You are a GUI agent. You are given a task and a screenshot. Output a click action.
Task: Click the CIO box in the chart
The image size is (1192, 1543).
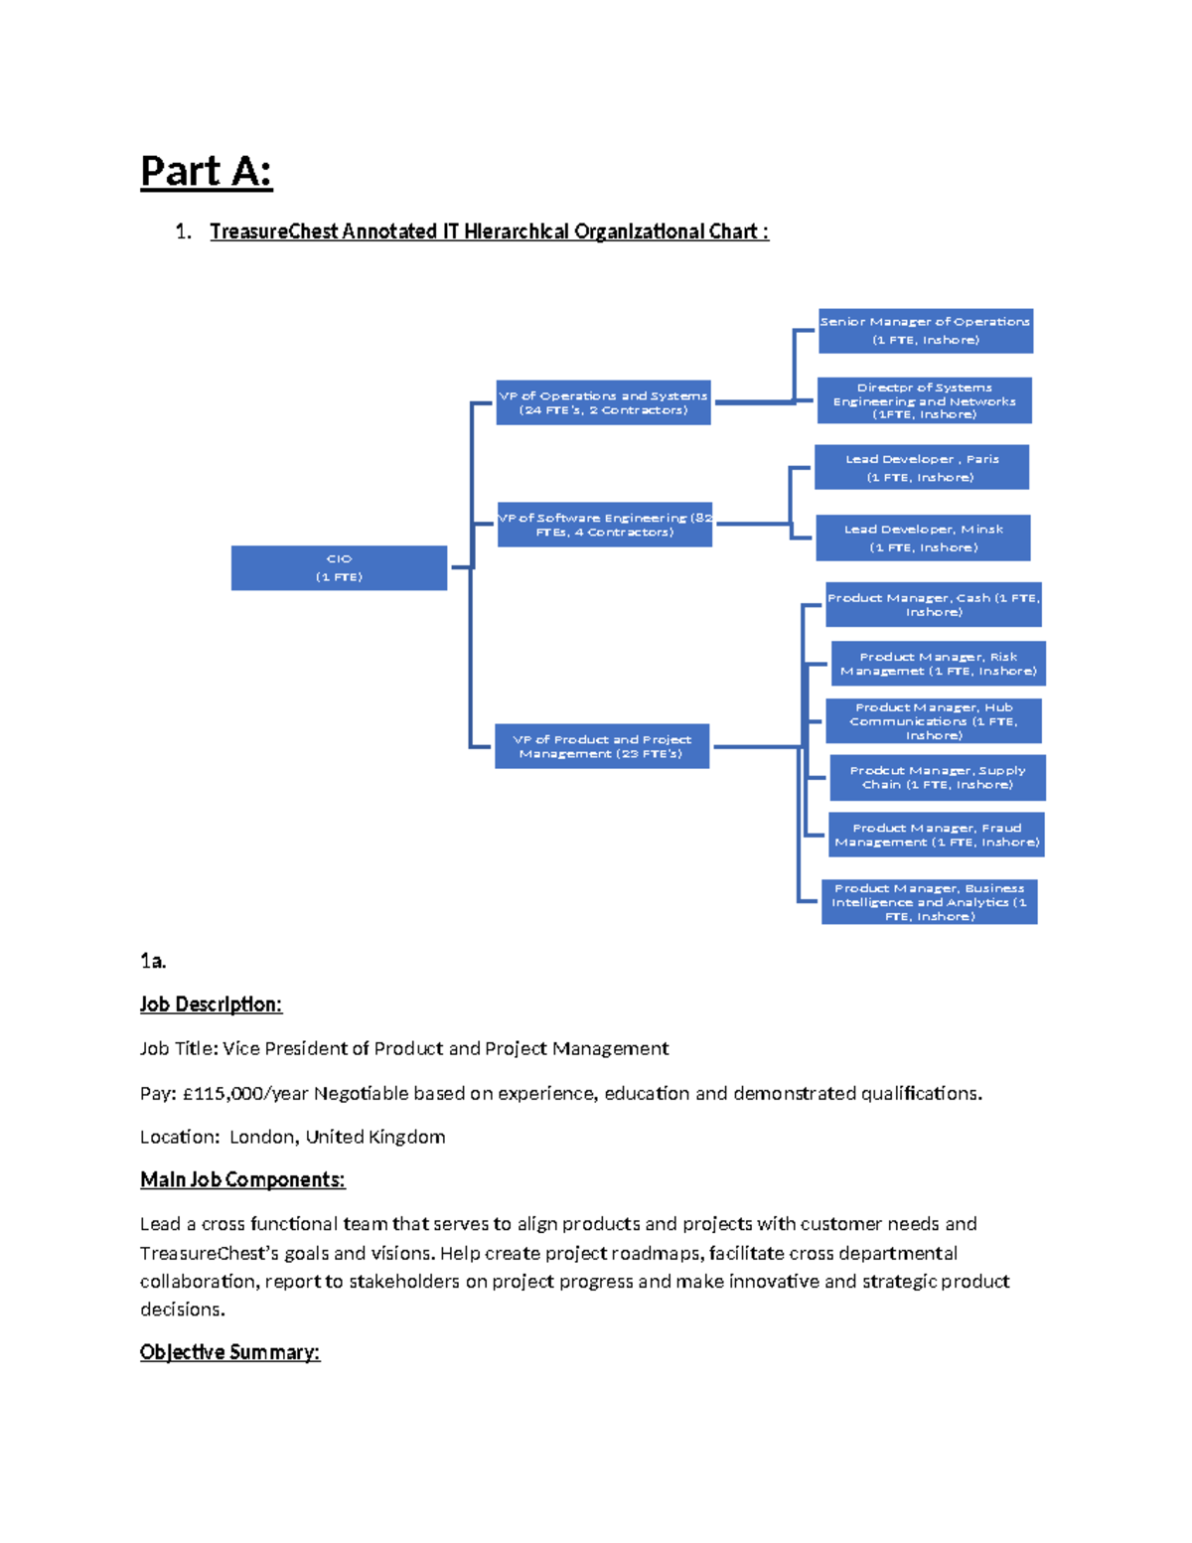[x=339, y=567]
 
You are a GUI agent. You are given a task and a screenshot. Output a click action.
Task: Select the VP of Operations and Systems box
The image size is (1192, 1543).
[x=603, y=402]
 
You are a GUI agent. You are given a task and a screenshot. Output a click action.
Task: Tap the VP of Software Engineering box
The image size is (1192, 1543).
[x=604, y=525]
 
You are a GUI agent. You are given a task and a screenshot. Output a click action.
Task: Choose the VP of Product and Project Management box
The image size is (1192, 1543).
[x=602, y=746]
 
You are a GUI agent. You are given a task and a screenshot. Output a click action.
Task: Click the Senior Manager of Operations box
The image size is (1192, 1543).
[x=925, y=331]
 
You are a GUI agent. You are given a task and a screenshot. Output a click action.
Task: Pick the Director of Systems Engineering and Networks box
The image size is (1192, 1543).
[x=924, y=400]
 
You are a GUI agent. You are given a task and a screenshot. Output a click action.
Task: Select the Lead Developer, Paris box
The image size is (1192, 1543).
[x=921, y=467]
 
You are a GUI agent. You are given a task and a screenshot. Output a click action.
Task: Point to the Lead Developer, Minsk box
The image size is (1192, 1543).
[x=923, y=538]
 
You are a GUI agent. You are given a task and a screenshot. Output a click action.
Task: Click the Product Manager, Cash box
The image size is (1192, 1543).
[x=933, y=604]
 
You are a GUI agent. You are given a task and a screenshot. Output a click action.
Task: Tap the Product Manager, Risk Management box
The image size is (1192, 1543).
[x=938, y=664]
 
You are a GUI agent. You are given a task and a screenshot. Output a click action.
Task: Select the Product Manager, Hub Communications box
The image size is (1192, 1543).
[x=933, y=720]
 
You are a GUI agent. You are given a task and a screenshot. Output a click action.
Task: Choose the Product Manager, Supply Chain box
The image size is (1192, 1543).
[x=937, y=777]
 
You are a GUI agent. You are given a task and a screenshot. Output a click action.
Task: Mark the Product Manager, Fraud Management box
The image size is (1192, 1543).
[x=936, y=835]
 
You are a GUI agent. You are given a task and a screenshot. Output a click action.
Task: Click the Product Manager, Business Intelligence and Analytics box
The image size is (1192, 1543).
[x=929, y=901]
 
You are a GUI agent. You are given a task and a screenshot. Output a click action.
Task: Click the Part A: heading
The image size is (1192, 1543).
[x=206, y=172]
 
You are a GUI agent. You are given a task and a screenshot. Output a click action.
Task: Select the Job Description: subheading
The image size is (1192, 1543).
[x=211, y=1004]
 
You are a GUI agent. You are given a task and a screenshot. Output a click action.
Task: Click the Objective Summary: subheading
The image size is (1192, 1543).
[x=229, y=1352]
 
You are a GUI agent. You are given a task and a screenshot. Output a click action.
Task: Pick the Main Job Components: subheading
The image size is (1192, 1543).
[x=242, y=1179]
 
